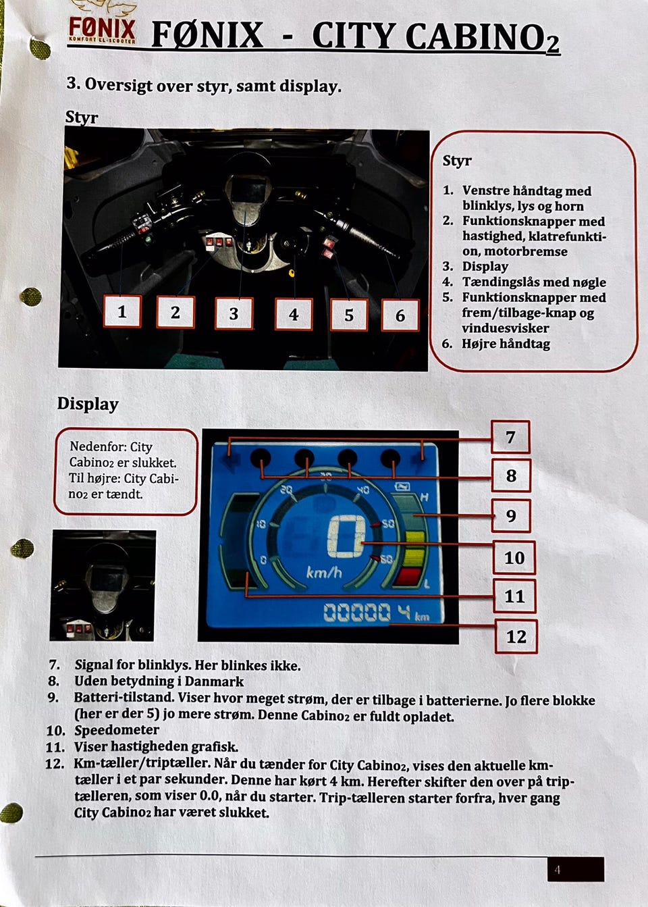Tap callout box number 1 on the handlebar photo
click(x=122, y=311)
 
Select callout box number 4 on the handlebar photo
click(x=294, y=314)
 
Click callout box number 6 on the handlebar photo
click(x=400, y=315)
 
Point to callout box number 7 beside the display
click(x=510, y=437)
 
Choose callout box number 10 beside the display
click(x=514, y=558)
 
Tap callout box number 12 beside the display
click(x=516, y=636)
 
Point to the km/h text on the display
click(x=324, y=572)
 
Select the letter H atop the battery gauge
click(x=424, y=497)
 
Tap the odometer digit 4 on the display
click(x=404, y=612)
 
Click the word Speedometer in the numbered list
click(x=117, y=730)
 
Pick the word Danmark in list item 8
click(x=214, y=681)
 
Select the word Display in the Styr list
click(x=485, y=267)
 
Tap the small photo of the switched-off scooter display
click(x=103, y=586)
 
